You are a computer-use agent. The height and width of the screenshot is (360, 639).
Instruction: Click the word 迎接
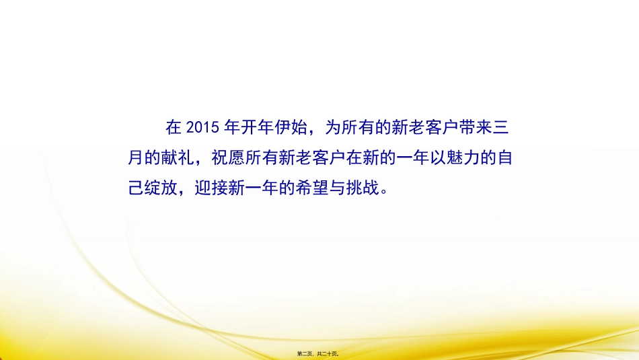211,190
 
